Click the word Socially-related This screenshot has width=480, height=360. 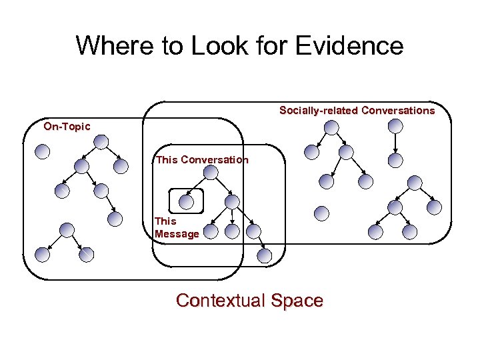click(x=319, y=111)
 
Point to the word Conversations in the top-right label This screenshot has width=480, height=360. click(x=398, y=111)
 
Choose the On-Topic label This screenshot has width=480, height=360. click(x=67, y=126)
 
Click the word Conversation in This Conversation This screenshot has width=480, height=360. click(x=214, y=160)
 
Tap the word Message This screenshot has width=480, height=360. click(x=177, y=234)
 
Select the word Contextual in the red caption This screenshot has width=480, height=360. click(x=221, y=301)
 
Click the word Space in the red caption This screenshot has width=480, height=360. click(x=297, y=301)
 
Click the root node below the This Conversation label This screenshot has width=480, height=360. click(x=210, y=173)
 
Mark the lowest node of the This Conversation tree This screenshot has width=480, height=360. click(x=265, y=255)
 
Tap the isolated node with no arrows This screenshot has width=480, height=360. click(x=321, y=213)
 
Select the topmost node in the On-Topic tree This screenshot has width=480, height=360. click(x=101, y=142)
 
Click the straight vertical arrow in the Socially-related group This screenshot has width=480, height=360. click(x=395, y=143)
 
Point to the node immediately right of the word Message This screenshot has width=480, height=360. click(x=210, y=231)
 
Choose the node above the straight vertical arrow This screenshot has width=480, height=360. click(x=395, y=126)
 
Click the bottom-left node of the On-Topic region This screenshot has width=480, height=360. click(x=43, y=254)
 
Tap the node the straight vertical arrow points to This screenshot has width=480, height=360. click(x=395, y=160)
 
